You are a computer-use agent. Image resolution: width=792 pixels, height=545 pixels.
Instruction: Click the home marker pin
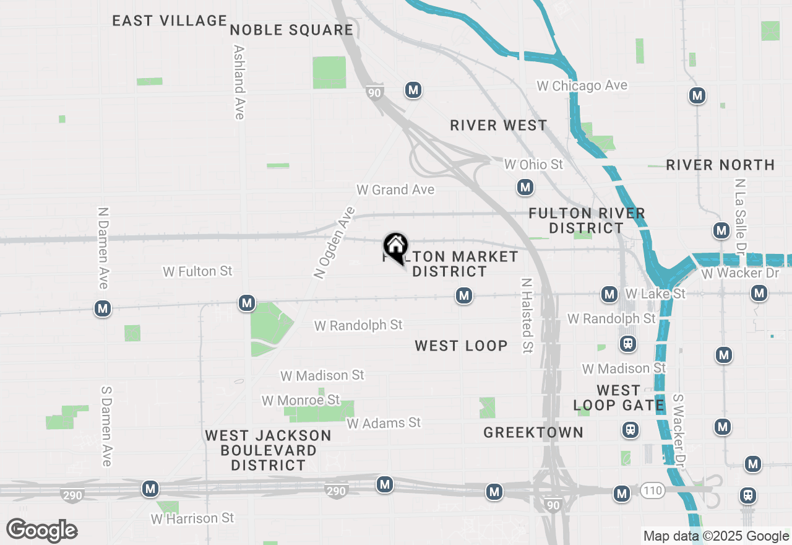click(x=395, y=247)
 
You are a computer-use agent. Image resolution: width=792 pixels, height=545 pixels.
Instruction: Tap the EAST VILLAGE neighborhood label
click(x=170, y=20)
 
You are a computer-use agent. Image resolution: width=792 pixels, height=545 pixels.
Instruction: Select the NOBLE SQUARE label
click(x=291, y=30)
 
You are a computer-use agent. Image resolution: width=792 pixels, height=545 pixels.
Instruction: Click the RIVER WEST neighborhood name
click(x=498, y=126)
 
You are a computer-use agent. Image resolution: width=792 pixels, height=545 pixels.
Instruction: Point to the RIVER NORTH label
click(x=720, y=165)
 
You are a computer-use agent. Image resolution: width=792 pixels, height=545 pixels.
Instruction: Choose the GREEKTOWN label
click(x=533, y=432)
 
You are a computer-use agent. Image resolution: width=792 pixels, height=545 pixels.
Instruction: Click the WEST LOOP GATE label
click(x=618, y=398)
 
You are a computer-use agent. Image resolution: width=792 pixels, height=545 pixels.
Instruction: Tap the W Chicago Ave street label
click(x=582, y=86)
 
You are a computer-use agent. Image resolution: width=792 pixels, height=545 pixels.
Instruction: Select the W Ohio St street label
click(x=533, y=164)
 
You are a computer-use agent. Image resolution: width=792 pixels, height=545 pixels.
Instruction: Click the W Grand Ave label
click(x=395, y=190)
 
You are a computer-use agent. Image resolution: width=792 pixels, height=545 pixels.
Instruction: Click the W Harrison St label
click(x=192, y=518)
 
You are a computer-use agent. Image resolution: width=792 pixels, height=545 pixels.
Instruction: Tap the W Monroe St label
click(x=301, y=400)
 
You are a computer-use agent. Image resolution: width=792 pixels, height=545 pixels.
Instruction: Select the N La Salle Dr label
click(x=739, y=217)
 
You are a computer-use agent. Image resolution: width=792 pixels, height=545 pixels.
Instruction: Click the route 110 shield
click(x=652, y=491)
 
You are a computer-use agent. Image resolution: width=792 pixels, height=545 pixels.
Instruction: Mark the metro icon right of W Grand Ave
click(x=525, y=187)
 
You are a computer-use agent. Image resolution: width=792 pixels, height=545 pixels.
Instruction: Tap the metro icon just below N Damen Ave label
click(x=103, y=308)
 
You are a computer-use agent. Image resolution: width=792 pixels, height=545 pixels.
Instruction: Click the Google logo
click(x=42, y=531)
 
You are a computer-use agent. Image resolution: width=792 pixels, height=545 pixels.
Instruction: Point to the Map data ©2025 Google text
click(x=716, y=536)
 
